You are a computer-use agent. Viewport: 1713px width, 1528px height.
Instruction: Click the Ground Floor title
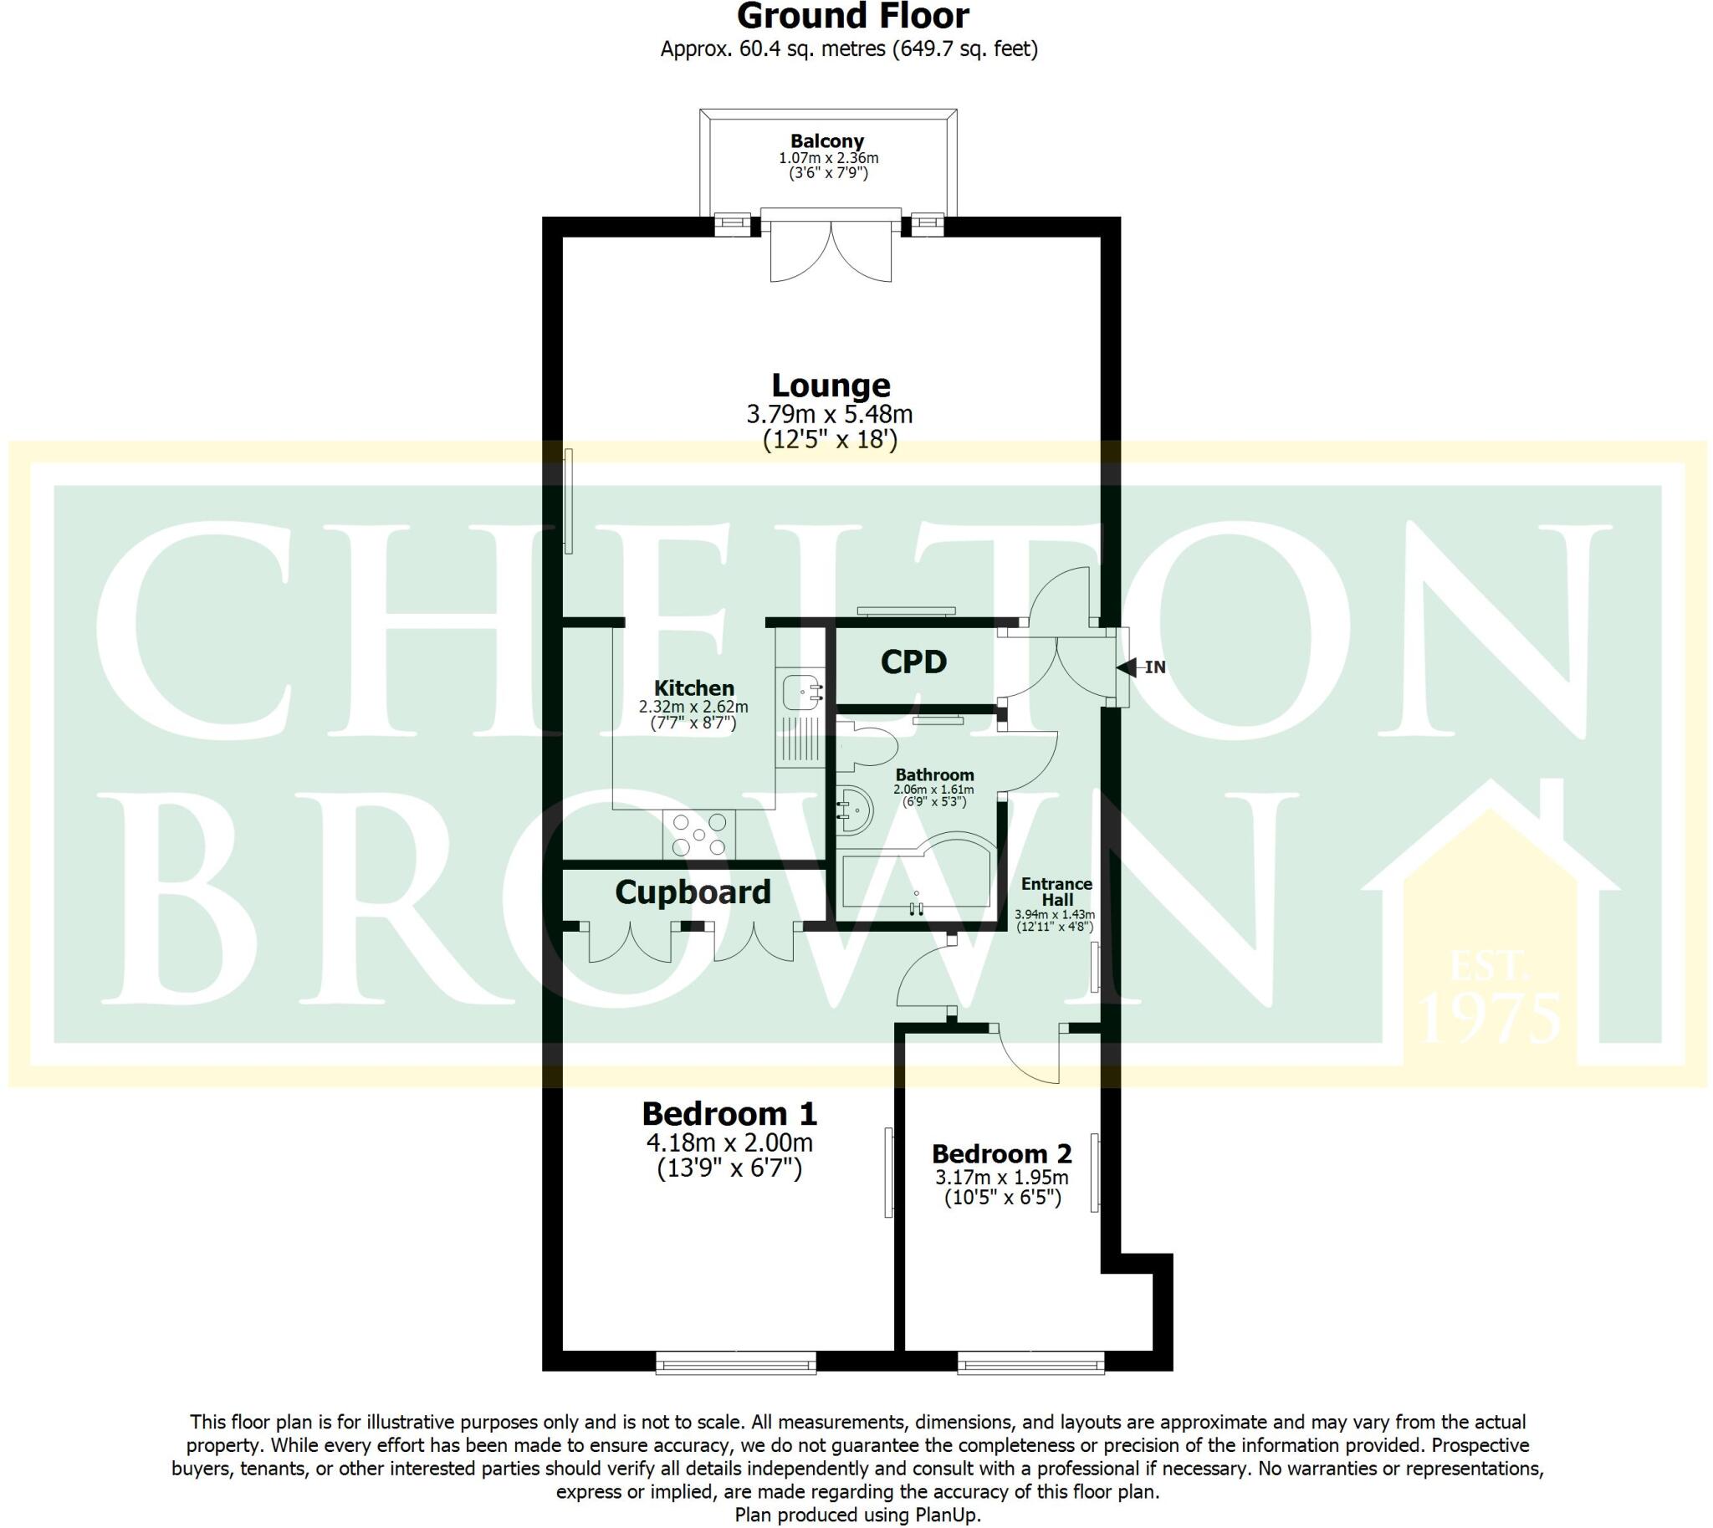pos(852,17)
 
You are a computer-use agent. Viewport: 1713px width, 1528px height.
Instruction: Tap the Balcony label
pos(827,141)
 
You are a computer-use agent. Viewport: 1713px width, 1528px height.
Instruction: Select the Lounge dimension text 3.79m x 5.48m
pos(829,415)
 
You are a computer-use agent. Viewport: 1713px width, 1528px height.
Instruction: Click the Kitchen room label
pos(693,687)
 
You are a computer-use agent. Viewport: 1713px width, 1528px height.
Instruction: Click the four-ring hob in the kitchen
pos(698,835)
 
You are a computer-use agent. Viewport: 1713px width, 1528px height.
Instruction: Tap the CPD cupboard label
pos(913,662)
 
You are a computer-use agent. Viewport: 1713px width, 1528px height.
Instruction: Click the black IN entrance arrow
pos(1127,667)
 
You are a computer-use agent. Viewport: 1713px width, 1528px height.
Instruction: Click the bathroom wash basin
pos(855,810)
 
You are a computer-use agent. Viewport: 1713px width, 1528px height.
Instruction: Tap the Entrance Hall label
pos(1056,891)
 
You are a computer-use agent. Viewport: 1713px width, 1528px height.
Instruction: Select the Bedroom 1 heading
pos(729,1114)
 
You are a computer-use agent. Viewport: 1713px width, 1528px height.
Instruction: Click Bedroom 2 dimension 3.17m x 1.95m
pos(1002,1177)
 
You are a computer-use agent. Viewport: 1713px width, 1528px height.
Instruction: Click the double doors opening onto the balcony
pos(831,249)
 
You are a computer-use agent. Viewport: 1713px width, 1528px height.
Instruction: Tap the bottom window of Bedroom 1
pos(735,1362)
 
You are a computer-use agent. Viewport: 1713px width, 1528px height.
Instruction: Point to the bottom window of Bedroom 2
pos(1031,1362)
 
